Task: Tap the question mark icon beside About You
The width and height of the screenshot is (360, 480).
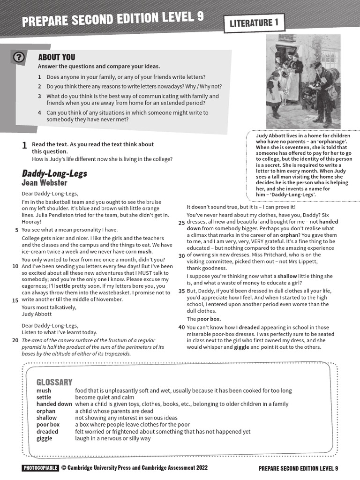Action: tap(18, 57)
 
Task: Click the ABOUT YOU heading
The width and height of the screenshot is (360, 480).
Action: tap(56, 57)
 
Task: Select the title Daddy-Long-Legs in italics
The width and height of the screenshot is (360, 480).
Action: tap(54, 174)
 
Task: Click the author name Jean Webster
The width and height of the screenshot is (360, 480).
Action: tap(45, 183)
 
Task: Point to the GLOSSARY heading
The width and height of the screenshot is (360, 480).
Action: tap(54, 382)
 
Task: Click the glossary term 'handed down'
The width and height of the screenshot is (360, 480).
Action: tap(54, 404)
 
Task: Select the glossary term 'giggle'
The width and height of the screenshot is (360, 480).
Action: tap(45, 438)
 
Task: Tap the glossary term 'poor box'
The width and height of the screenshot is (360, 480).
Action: tap(48, 424)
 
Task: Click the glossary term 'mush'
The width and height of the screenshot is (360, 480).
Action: tap(44, 390)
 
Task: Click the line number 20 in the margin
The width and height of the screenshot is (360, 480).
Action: tap(15, 340)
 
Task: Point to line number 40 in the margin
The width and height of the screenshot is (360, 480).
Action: tap(181, 327)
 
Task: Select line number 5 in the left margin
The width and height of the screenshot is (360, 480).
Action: tap(17, 230)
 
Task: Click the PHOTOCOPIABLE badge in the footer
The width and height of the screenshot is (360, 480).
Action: tap(40, 468)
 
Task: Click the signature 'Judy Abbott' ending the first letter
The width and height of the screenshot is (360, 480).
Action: tap(37, 314)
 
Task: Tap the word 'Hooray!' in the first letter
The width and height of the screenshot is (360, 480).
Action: tap(31, 221)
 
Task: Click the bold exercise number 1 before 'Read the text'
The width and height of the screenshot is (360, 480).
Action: tap(24, 145)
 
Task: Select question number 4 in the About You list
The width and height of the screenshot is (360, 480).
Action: tap(40, 112)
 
